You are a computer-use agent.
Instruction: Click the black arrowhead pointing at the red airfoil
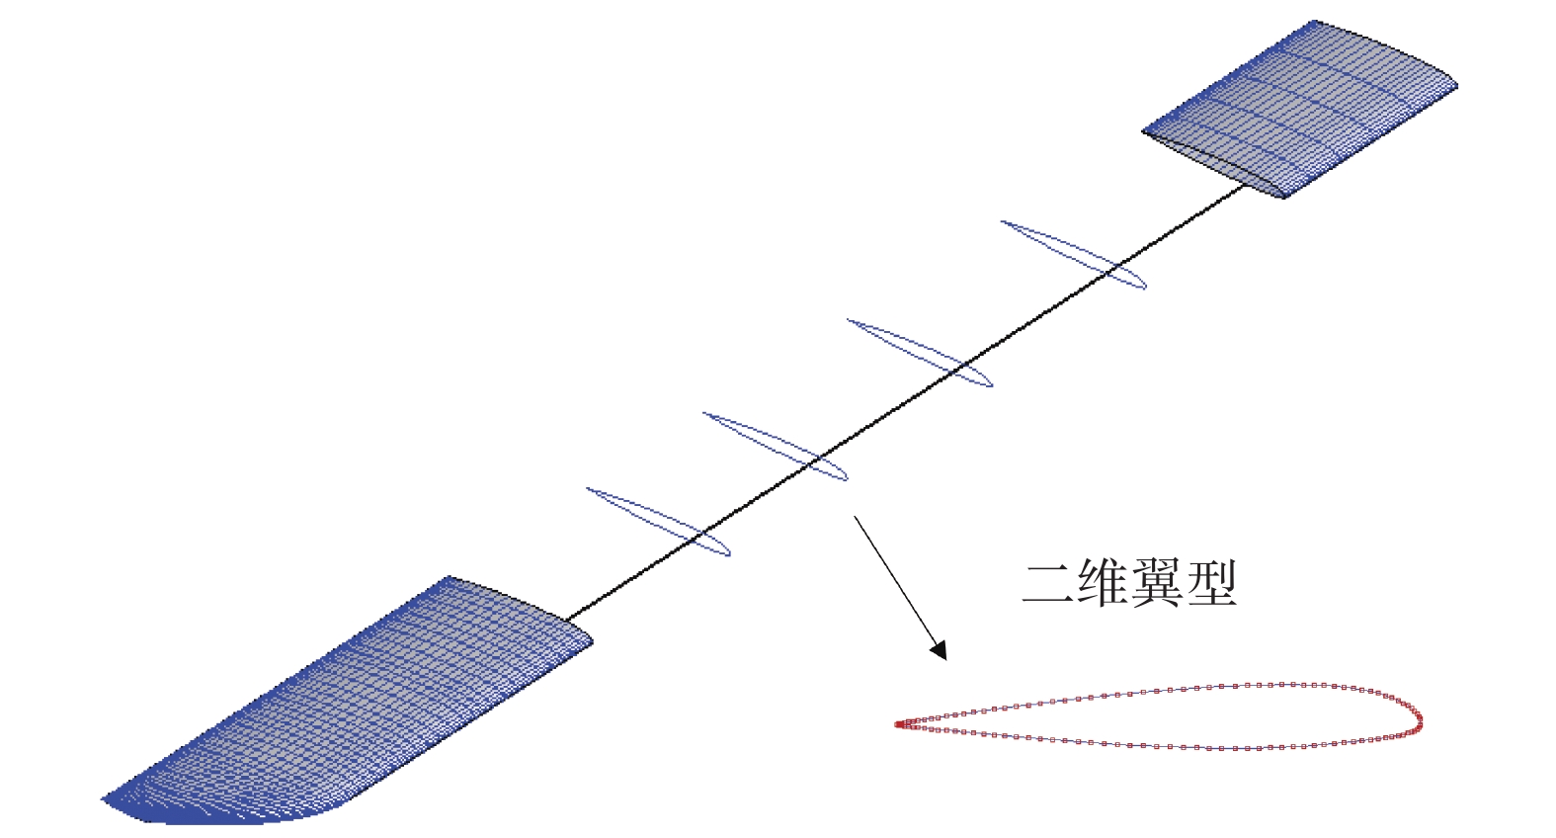940,650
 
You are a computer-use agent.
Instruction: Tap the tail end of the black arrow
856,516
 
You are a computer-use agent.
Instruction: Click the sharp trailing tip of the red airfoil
898,724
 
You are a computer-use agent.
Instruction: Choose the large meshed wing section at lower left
346,702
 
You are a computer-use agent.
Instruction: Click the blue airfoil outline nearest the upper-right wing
1074,255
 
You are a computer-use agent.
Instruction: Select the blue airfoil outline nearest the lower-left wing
658,522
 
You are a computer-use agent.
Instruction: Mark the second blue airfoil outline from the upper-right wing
920,353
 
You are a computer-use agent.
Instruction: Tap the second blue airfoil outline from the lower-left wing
776,447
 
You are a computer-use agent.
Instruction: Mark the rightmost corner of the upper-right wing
1455,85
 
